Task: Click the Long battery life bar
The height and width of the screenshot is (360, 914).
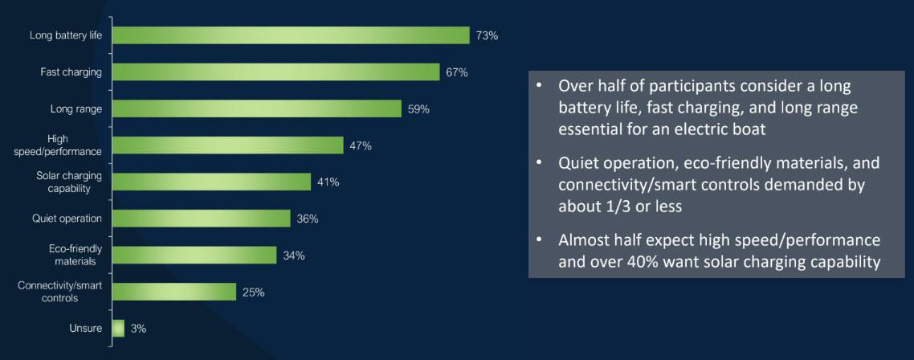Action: point(291,35)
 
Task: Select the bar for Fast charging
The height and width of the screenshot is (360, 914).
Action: point(275,72)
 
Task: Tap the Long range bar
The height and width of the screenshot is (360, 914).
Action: point(256,108)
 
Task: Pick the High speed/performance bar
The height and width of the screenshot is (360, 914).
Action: point(227,145)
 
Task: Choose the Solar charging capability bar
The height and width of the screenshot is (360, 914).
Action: point(211,182)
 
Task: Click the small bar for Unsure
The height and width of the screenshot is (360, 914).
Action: point(118,328)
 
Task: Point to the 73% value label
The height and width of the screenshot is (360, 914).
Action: point(487,36)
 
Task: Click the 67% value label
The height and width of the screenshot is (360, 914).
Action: point(456,72)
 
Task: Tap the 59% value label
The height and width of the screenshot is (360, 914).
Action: point(418,109)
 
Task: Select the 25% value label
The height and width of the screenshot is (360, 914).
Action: point(253,292)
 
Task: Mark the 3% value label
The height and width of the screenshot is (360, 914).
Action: point(138,329)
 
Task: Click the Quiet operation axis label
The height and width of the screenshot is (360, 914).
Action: point(67,219)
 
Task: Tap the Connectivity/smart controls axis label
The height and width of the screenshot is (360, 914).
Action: point(60,292)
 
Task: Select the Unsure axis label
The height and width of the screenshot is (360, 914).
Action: point(86,328)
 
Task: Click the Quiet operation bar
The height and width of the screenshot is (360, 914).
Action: point(201,219)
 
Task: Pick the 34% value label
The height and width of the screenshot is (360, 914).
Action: point(294,256)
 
